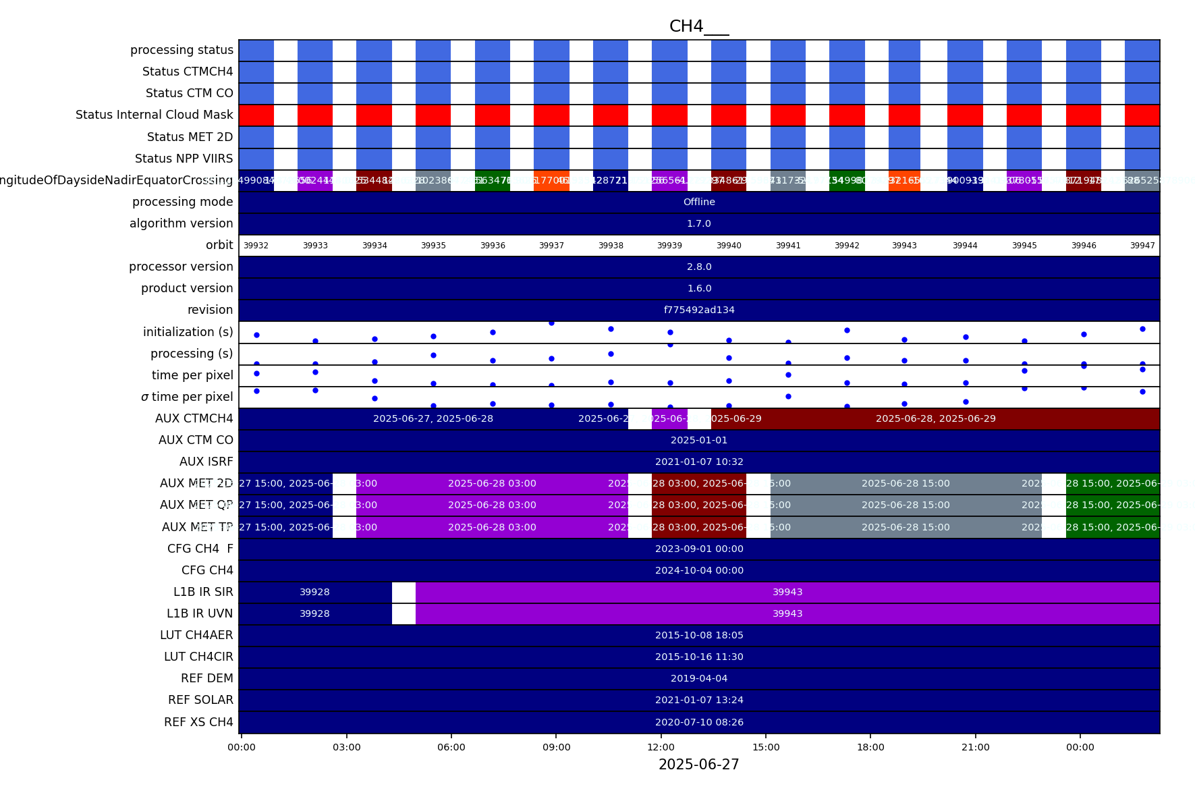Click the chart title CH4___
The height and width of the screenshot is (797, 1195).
[x=698, y=26]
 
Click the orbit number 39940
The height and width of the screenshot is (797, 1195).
[x=729, y=246]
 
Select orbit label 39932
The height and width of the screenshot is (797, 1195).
[x=256, y=246]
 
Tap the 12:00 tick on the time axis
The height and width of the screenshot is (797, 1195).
[x=661, y=747]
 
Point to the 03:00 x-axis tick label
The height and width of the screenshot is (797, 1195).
[x=346, y=747]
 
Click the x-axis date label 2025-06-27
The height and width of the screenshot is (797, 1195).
[x=698, y=765]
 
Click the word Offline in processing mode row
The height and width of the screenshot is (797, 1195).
[x=699, y=202]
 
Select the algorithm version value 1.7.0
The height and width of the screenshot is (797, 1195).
[x=699, y=223]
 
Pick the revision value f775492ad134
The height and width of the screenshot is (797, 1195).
[x=699, y=310]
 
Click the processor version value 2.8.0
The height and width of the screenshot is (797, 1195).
[x=699, y=267]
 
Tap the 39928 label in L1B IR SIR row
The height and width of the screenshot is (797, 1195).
[x=314, y=592]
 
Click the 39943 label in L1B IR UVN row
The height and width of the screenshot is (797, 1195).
[x=787, y=613]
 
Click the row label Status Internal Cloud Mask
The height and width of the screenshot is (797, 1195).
[x=154, y=115]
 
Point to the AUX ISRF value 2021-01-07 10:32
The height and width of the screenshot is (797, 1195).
[x=699, y=462]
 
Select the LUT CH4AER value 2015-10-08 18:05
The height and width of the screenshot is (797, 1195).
[x=699, y=635]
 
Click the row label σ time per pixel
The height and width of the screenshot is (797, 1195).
[x=187, y=397]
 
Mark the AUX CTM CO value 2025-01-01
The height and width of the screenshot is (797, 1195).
[x=699, y=440]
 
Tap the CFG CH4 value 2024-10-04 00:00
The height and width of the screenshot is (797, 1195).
[x=699, y=570]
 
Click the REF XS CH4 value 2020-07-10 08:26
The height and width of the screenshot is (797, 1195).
[x=699, y=722]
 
